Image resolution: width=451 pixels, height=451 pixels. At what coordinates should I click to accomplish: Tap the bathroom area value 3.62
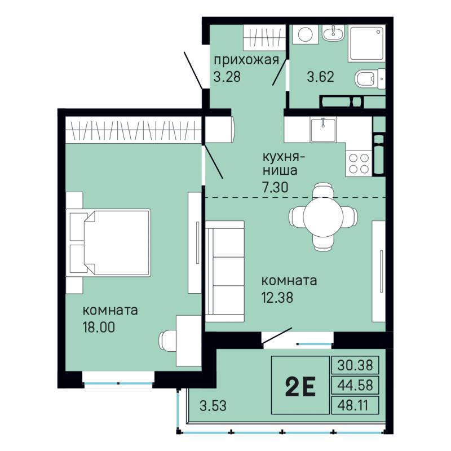(320, 77)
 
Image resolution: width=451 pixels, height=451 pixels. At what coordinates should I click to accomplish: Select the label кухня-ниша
(284, 164)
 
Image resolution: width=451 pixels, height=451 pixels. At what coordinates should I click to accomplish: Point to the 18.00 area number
(99, 327)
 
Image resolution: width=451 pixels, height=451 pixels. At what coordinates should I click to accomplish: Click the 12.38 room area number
(277, 298)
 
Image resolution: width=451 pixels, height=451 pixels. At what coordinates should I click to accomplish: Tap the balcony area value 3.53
(213, 406)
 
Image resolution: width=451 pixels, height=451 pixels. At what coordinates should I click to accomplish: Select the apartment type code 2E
(300, 386)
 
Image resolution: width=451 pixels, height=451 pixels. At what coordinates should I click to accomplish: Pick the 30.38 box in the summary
(355, 365)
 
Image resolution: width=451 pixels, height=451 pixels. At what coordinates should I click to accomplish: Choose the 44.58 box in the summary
(355, 385)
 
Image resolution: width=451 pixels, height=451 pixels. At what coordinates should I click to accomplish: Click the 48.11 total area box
(355, 405)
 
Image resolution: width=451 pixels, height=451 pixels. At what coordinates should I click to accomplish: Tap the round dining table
(323, 216)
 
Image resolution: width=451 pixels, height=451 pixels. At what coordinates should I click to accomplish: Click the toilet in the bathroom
(370, 78)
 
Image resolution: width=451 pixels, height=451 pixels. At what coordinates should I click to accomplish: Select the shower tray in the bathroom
(366, 43)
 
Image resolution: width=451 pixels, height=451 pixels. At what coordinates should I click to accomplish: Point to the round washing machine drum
(306, 34)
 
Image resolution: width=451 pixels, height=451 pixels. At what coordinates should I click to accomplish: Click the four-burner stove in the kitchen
(359, 163)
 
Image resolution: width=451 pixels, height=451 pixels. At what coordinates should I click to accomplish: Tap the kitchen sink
(323, 130)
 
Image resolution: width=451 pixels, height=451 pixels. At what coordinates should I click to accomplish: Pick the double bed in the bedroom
(108, 243)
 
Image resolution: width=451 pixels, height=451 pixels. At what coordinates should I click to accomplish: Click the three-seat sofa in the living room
(224, 272)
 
